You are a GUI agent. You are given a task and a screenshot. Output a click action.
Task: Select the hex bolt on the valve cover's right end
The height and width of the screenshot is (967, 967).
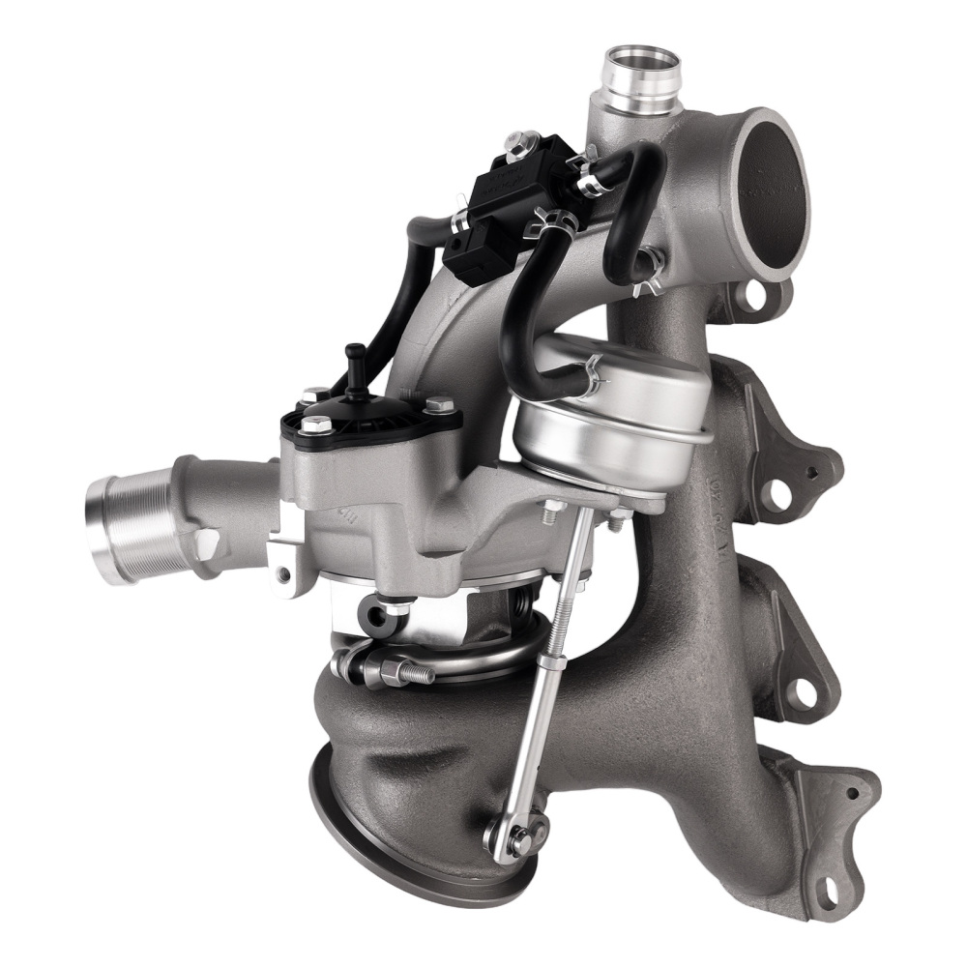(438, 406)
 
